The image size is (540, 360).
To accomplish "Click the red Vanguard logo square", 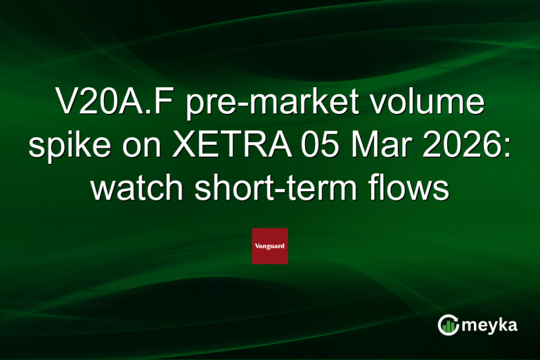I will coord(270,246).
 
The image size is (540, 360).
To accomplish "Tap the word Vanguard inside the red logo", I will coord(270,247).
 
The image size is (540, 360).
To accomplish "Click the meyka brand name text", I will coord(491,325).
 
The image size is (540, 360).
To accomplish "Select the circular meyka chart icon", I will coord(448,325).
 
